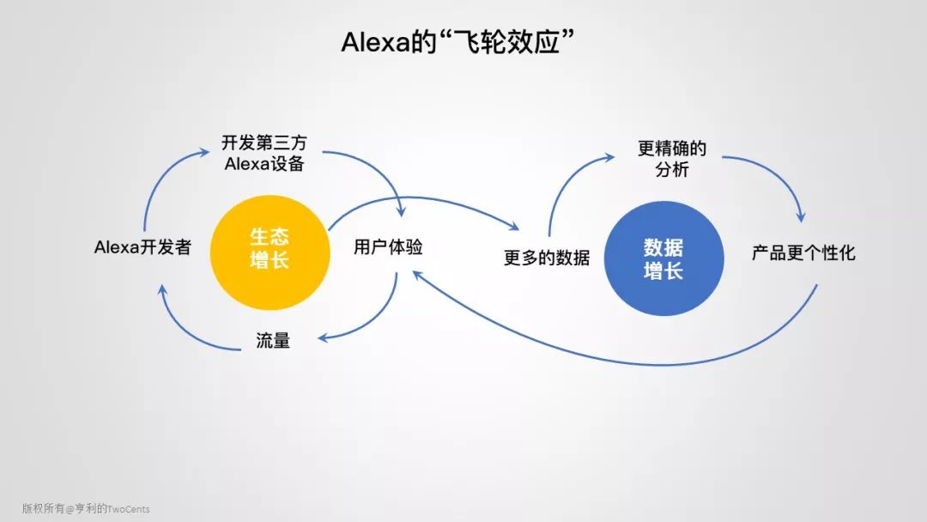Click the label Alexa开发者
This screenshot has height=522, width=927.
142,247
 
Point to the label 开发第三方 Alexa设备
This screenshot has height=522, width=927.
264,154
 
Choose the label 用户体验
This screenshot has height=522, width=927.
388,247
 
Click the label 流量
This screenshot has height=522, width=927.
273,340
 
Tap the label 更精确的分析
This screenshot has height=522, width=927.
672,159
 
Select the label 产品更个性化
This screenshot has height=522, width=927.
803,253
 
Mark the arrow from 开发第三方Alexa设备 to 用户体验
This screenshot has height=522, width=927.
378,172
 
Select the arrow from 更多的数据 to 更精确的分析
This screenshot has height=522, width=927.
566,180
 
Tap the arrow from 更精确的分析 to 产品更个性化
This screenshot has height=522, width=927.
781,176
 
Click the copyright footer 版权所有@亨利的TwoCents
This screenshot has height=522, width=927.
86,508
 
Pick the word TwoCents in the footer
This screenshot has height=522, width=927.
128,508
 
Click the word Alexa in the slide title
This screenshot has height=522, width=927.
373,43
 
